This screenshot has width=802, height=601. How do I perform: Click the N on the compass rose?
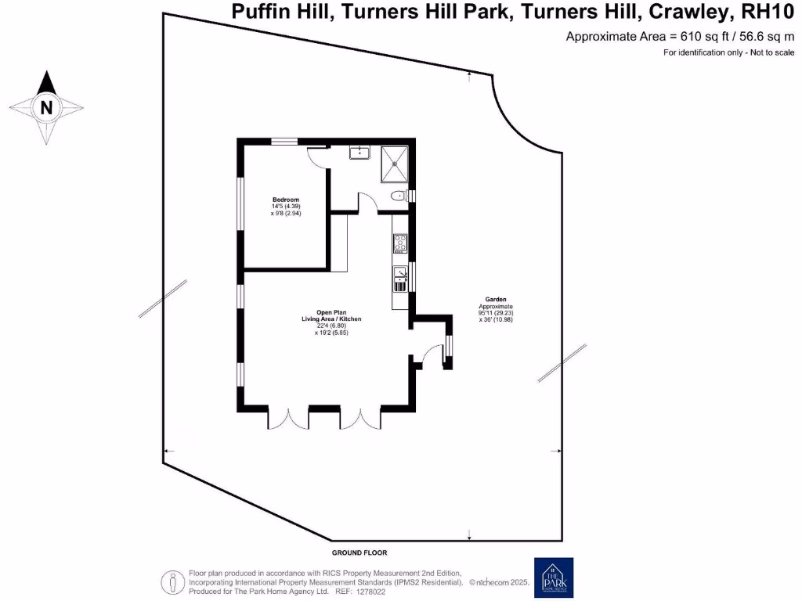[46, 108]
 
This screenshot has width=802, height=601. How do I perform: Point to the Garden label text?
[496, 299]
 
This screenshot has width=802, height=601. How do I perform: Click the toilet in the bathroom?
[399, 196]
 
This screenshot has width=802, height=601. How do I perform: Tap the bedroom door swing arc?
[317, 156]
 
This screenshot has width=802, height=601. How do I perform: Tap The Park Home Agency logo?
[553, 578]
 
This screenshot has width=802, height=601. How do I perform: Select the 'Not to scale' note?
[753, 52]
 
